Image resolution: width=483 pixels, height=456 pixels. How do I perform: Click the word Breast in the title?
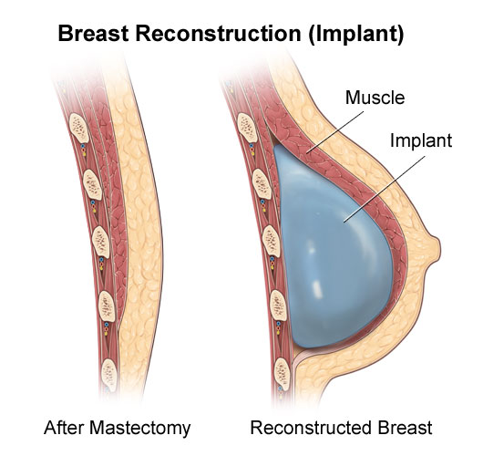click(x=93, y=33)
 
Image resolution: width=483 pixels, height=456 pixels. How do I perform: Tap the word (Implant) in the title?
click(x=355, y=34)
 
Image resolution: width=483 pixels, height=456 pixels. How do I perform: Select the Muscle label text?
click(x=375, y=98)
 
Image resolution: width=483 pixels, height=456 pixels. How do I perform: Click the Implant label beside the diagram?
click(x=421, y=140)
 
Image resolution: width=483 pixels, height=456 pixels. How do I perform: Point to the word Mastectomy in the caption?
click(x=140, y=429)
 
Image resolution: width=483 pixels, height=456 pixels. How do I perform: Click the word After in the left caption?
click(x=65, y=428)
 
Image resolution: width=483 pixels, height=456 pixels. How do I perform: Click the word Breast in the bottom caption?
click(x=405, y=428)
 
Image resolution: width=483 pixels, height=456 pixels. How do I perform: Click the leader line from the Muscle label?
click(x=336, y=132)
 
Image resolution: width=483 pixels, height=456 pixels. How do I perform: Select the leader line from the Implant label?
click(x=385, y=189)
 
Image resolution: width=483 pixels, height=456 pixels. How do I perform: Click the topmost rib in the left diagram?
click(x=79, y=128)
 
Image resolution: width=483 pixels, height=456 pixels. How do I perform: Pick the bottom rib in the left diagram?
click(x=109, y=375)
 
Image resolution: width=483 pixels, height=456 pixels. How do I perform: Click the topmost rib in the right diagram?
click(x=247, y=128)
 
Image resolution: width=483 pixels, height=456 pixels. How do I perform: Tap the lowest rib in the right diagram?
click(x=282, y=374)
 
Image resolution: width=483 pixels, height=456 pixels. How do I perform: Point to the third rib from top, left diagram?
click(x=101, y=242)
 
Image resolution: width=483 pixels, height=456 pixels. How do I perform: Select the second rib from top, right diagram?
click(x=262, y=184)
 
